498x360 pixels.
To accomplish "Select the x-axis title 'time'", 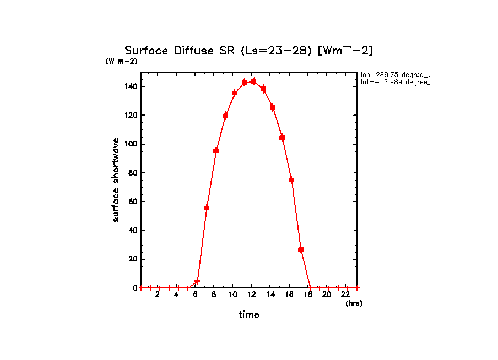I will [x=249, y=315].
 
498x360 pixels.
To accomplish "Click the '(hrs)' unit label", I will [x=354, y=303].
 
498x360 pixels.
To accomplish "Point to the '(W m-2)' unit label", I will [x=121, y=62].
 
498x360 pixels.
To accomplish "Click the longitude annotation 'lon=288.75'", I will [x=394, y=74].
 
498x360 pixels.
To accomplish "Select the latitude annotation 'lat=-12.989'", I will [x=394, y=82].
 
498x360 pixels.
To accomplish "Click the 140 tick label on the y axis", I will [x=131, y=86].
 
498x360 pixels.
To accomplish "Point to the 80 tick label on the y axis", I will [x=133, y=173].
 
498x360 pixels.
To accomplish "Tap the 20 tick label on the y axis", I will [x=133, y=259].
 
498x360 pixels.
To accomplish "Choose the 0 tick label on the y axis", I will [x=135, y=288].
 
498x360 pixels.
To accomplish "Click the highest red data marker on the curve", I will [x=254, y=81].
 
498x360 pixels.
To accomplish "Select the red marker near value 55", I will [x=207, y=208].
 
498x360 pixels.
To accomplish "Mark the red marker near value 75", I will [x=291, y=180].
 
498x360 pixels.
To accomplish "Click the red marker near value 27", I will [x=301, y=249].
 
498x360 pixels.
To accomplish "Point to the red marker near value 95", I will [x=216, y=150].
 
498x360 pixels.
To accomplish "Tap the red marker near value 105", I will [x=282, y=138].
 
